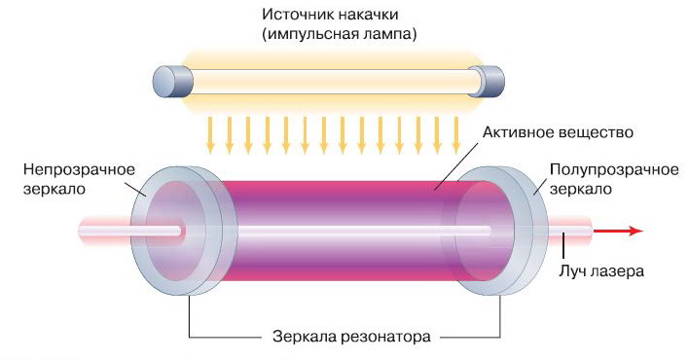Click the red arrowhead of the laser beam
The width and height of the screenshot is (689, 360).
(634, 232)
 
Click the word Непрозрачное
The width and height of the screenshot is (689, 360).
(69, 169)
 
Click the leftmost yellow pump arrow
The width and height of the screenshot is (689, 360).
(210, 134)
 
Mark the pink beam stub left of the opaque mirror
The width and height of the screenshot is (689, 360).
(107, 232)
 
